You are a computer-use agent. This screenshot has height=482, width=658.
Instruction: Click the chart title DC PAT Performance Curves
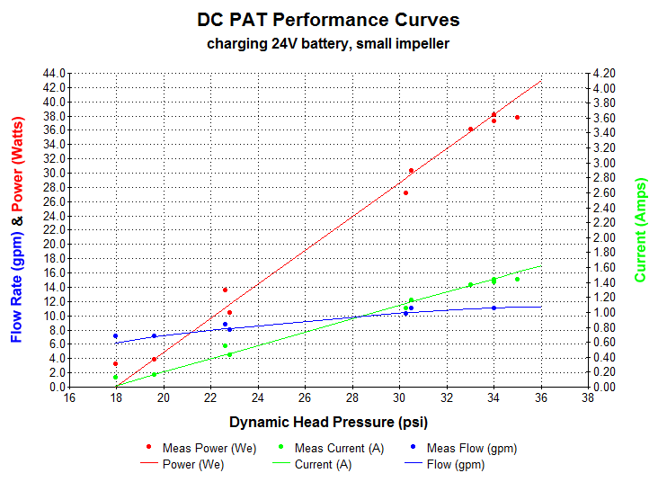(328, 20)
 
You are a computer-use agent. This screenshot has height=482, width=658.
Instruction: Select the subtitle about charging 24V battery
(328, 42)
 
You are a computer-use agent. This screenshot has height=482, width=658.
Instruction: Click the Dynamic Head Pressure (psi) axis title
(328, 421)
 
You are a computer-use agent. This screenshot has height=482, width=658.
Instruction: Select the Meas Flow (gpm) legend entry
(471, 448)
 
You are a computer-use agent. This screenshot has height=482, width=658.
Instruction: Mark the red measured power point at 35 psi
(517, 118)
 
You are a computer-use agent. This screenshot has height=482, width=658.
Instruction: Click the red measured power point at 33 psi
(470, 129)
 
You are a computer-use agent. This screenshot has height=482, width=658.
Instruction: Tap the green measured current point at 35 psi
(517, 279)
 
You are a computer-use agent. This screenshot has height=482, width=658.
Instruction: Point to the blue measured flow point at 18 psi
(116, 336)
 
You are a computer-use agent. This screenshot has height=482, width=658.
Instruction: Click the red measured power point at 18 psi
(116, 364)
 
